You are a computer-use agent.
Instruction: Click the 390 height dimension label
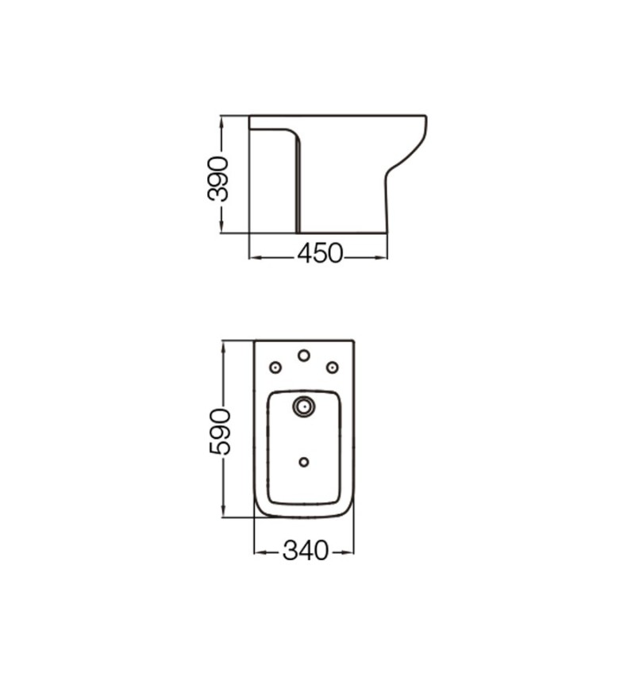[x=217, y=179]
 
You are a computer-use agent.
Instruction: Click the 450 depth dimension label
[x=321, y=253]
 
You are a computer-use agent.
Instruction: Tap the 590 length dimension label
[x=220, y=432]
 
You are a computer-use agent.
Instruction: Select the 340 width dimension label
[x=306, y=551]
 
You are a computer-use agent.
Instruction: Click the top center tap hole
[x=304, y=356]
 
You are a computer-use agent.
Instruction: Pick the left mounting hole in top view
[x=275, y=367]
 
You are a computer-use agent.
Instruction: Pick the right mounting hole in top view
[x=333, y=367]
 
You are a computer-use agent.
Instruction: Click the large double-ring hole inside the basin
[x=304, y=406]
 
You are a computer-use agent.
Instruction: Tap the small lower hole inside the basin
[x=304, y=462]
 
